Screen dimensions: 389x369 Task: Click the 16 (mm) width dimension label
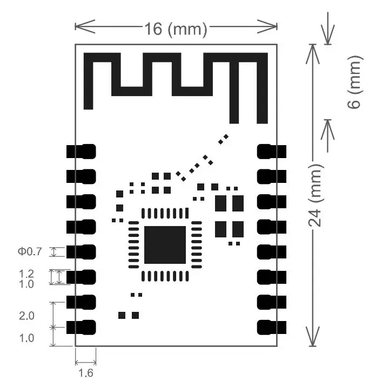(176, 29)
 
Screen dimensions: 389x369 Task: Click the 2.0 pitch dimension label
(26, 316)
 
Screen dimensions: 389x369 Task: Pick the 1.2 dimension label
(26, 274)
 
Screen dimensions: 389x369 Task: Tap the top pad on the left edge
(81, 151)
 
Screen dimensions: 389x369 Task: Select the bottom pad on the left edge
(81, 327)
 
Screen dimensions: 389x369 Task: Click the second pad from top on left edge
(81, 176)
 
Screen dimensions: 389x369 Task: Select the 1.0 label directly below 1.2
(26, 283)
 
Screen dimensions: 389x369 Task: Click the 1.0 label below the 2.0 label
(26, 338)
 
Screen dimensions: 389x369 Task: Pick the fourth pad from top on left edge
(81, 227)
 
